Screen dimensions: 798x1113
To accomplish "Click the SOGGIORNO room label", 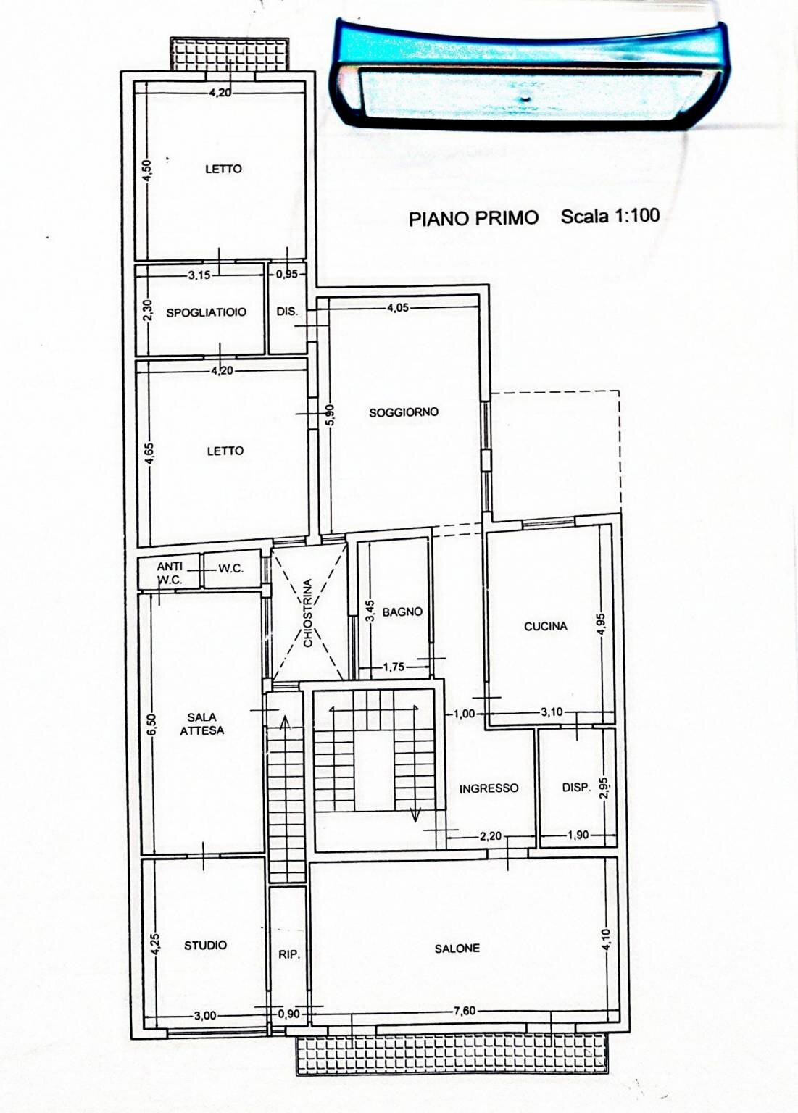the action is point(404,412).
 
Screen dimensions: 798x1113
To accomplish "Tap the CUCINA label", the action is point(546,627).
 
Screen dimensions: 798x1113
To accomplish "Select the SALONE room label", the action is point(457,949).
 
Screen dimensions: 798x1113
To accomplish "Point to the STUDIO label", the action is point(205,946).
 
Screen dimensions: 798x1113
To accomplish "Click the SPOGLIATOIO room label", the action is point(207,312).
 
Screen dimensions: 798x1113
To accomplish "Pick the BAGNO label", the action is point(402,612).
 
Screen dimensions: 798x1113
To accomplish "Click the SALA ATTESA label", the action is point(202,724).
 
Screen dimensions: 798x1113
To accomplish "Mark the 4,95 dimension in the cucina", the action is point(602,625).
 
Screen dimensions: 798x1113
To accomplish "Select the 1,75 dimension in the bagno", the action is point(394,667).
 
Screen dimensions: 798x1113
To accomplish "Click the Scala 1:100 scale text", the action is point(610,216).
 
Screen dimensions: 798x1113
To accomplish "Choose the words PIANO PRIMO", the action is point(473,218).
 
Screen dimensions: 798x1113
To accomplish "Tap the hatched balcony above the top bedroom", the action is point(229,54).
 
